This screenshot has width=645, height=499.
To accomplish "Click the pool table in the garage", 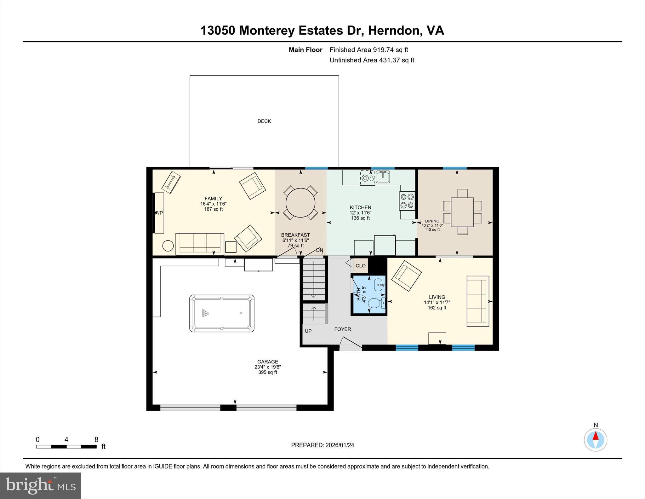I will pyautogui.click(x=222, y=313).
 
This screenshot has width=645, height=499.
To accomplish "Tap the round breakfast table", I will pyautogui.click(x=300, y=203).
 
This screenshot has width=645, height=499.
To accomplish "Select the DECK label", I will pyautogui.click(x=264, y=121).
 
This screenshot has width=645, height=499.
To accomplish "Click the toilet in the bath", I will pyautogui.click(x=376, y=303).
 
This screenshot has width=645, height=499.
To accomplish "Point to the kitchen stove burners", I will pyautogui.click(x=407, y=201).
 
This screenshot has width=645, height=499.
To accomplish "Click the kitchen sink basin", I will pyautogui.click(x=383, y=177).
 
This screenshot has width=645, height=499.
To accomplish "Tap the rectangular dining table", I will pyautogui.click(x=462, y=212).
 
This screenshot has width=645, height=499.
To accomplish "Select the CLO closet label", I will pyautogui.click(x=360, y=266).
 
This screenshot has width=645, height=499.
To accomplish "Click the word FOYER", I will pyautogui.click(x=342, y=329).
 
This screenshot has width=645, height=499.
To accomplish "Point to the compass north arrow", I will pyautogui.click(x=595, y=436).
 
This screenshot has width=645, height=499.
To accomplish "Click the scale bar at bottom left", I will pyautogui.click(x=66, y=446).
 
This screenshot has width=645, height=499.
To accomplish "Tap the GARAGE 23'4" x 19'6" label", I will pyautogui.click(x=267, y=367).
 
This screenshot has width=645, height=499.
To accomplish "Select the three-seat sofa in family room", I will pyautogui.click(x=200, y=243).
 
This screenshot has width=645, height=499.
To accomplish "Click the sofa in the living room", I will pyautogui.click(x=477, y=301).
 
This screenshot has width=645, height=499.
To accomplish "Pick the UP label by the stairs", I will pyautogui.click(x=308, y=331).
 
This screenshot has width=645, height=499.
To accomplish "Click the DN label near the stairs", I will pyautogui.click(x=319, y=250).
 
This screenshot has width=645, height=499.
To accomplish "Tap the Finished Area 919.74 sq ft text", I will pyautogui.click(x=368, y=50).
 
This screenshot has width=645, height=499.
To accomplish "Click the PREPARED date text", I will pyautogui.click(x=322, y=445).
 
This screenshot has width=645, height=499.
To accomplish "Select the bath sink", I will pyautogui.click(x=379, y=285).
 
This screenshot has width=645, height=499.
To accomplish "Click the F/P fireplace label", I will pyautogui.click(x=159, y=213).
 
